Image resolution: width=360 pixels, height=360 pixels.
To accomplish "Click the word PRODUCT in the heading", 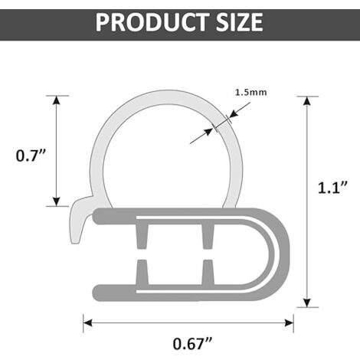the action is pos(151,22).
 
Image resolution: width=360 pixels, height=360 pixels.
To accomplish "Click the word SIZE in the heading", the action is pos(240,22).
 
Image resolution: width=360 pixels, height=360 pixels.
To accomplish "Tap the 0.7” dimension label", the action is pos(31,155).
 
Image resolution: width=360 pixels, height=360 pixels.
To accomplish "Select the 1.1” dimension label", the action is pos(332,188).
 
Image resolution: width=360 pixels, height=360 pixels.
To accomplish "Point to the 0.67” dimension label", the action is pos(192,343).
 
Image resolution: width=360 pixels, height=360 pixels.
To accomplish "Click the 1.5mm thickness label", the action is pos(250,92).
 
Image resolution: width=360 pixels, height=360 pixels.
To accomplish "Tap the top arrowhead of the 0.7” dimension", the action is pos(57,100).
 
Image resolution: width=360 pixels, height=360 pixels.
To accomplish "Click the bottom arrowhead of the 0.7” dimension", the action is pos(57,201).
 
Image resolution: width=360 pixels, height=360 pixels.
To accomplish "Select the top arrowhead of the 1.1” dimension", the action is pos(308,101).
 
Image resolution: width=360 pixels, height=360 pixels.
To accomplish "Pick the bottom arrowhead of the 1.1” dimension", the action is pos(308,303).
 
